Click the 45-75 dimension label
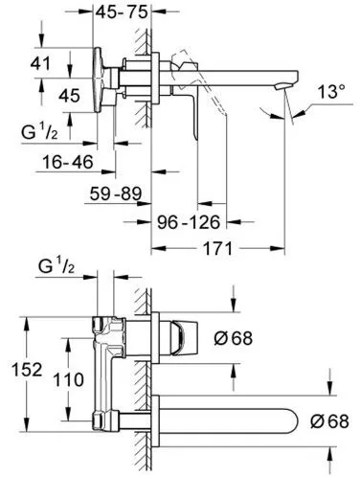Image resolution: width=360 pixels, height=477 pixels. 122,12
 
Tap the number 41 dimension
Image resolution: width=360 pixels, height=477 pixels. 40,63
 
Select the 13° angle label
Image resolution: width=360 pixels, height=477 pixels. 331,92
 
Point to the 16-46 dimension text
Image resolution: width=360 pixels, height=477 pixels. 68,162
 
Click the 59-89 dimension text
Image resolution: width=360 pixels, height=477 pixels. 116,193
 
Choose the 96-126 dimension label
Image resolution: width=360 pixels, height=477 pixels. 189,222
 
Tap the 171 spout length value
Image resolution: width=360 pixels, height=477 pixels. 217,248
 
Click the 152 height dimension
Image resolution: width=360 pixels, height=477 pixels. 27,370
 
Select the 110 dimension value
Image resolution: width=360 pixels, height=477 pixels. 68,380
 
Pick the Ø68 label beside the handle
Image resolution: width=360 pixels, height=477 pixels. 234,338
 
